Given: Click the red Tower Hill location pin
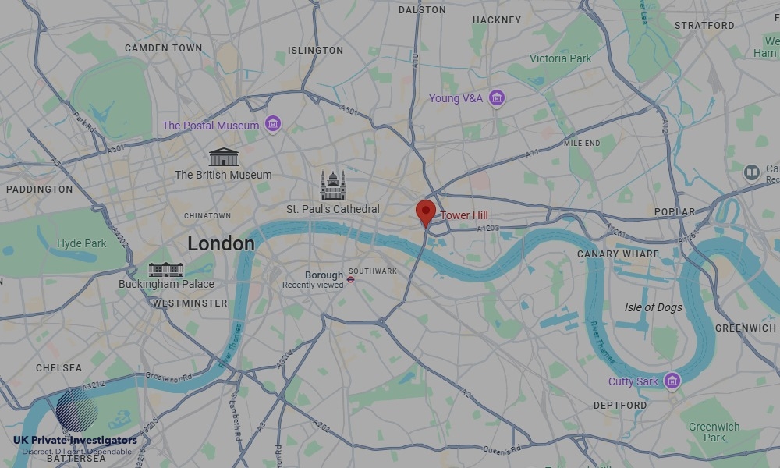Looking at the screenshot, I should coord(425,211).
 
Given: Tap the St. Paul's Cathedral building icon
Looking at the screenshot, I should coord(333,186).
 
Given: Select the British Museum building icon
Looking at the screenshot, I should coord(223,156).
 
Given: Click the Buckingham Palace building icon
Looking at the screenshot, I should coord(166,269).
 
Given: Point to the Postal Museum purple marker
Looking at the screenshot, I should coord(272,124).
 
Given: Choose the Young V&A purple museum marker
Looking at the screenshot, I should coord(497,98).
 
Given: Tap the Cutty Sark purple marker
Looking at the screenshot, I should coord(672,381).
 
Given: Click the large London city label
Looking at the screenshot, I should coord(221,243).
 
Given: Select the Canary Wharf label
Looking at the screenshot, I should coord(618,253).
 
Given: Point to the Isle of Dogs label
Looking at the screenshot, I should coord(653,307).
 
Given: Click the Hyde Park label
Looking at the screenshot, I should coord(82,243).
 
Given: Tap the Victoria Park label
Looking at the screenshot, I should coord(560,58).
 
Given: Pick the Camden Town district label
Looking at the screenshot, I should coord(163,48).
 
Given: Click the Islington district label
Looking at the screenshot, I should coord(315,51).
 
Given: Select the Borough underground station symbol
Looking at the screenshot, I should coord(351,277).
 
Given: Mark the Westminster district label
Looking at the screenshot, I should coord(190,303).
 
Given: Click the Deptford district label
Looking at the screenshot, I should coord(620,406).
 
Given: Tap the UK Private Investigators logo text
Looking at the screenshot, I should coord(75,441).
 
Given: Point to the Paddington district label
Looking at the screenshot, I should coord(39,189).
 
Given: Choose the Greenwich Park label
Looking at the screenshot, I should coord(714,432).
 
